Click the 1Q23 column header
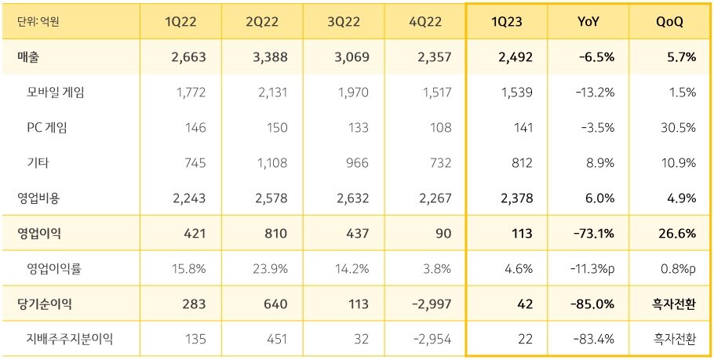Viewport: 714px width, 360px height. click(506, 21)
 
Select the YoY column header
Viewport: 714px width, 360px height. click(588, 21)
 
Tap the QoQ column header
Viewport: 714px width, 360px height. click(669, 21)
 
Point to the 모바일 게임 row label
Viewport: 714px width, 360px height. click(56, 92)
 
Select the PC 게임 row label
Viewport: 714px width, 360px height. click(46, 127)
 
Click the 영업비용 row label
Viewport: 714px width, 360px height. click(38, 198)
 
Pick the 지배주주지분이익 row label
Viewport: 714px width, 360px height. click(70, 339)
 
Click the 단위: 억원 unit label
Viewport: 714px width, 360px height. click(38, 21)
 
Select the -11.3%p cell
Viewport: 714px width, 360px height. click(595, 268)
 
